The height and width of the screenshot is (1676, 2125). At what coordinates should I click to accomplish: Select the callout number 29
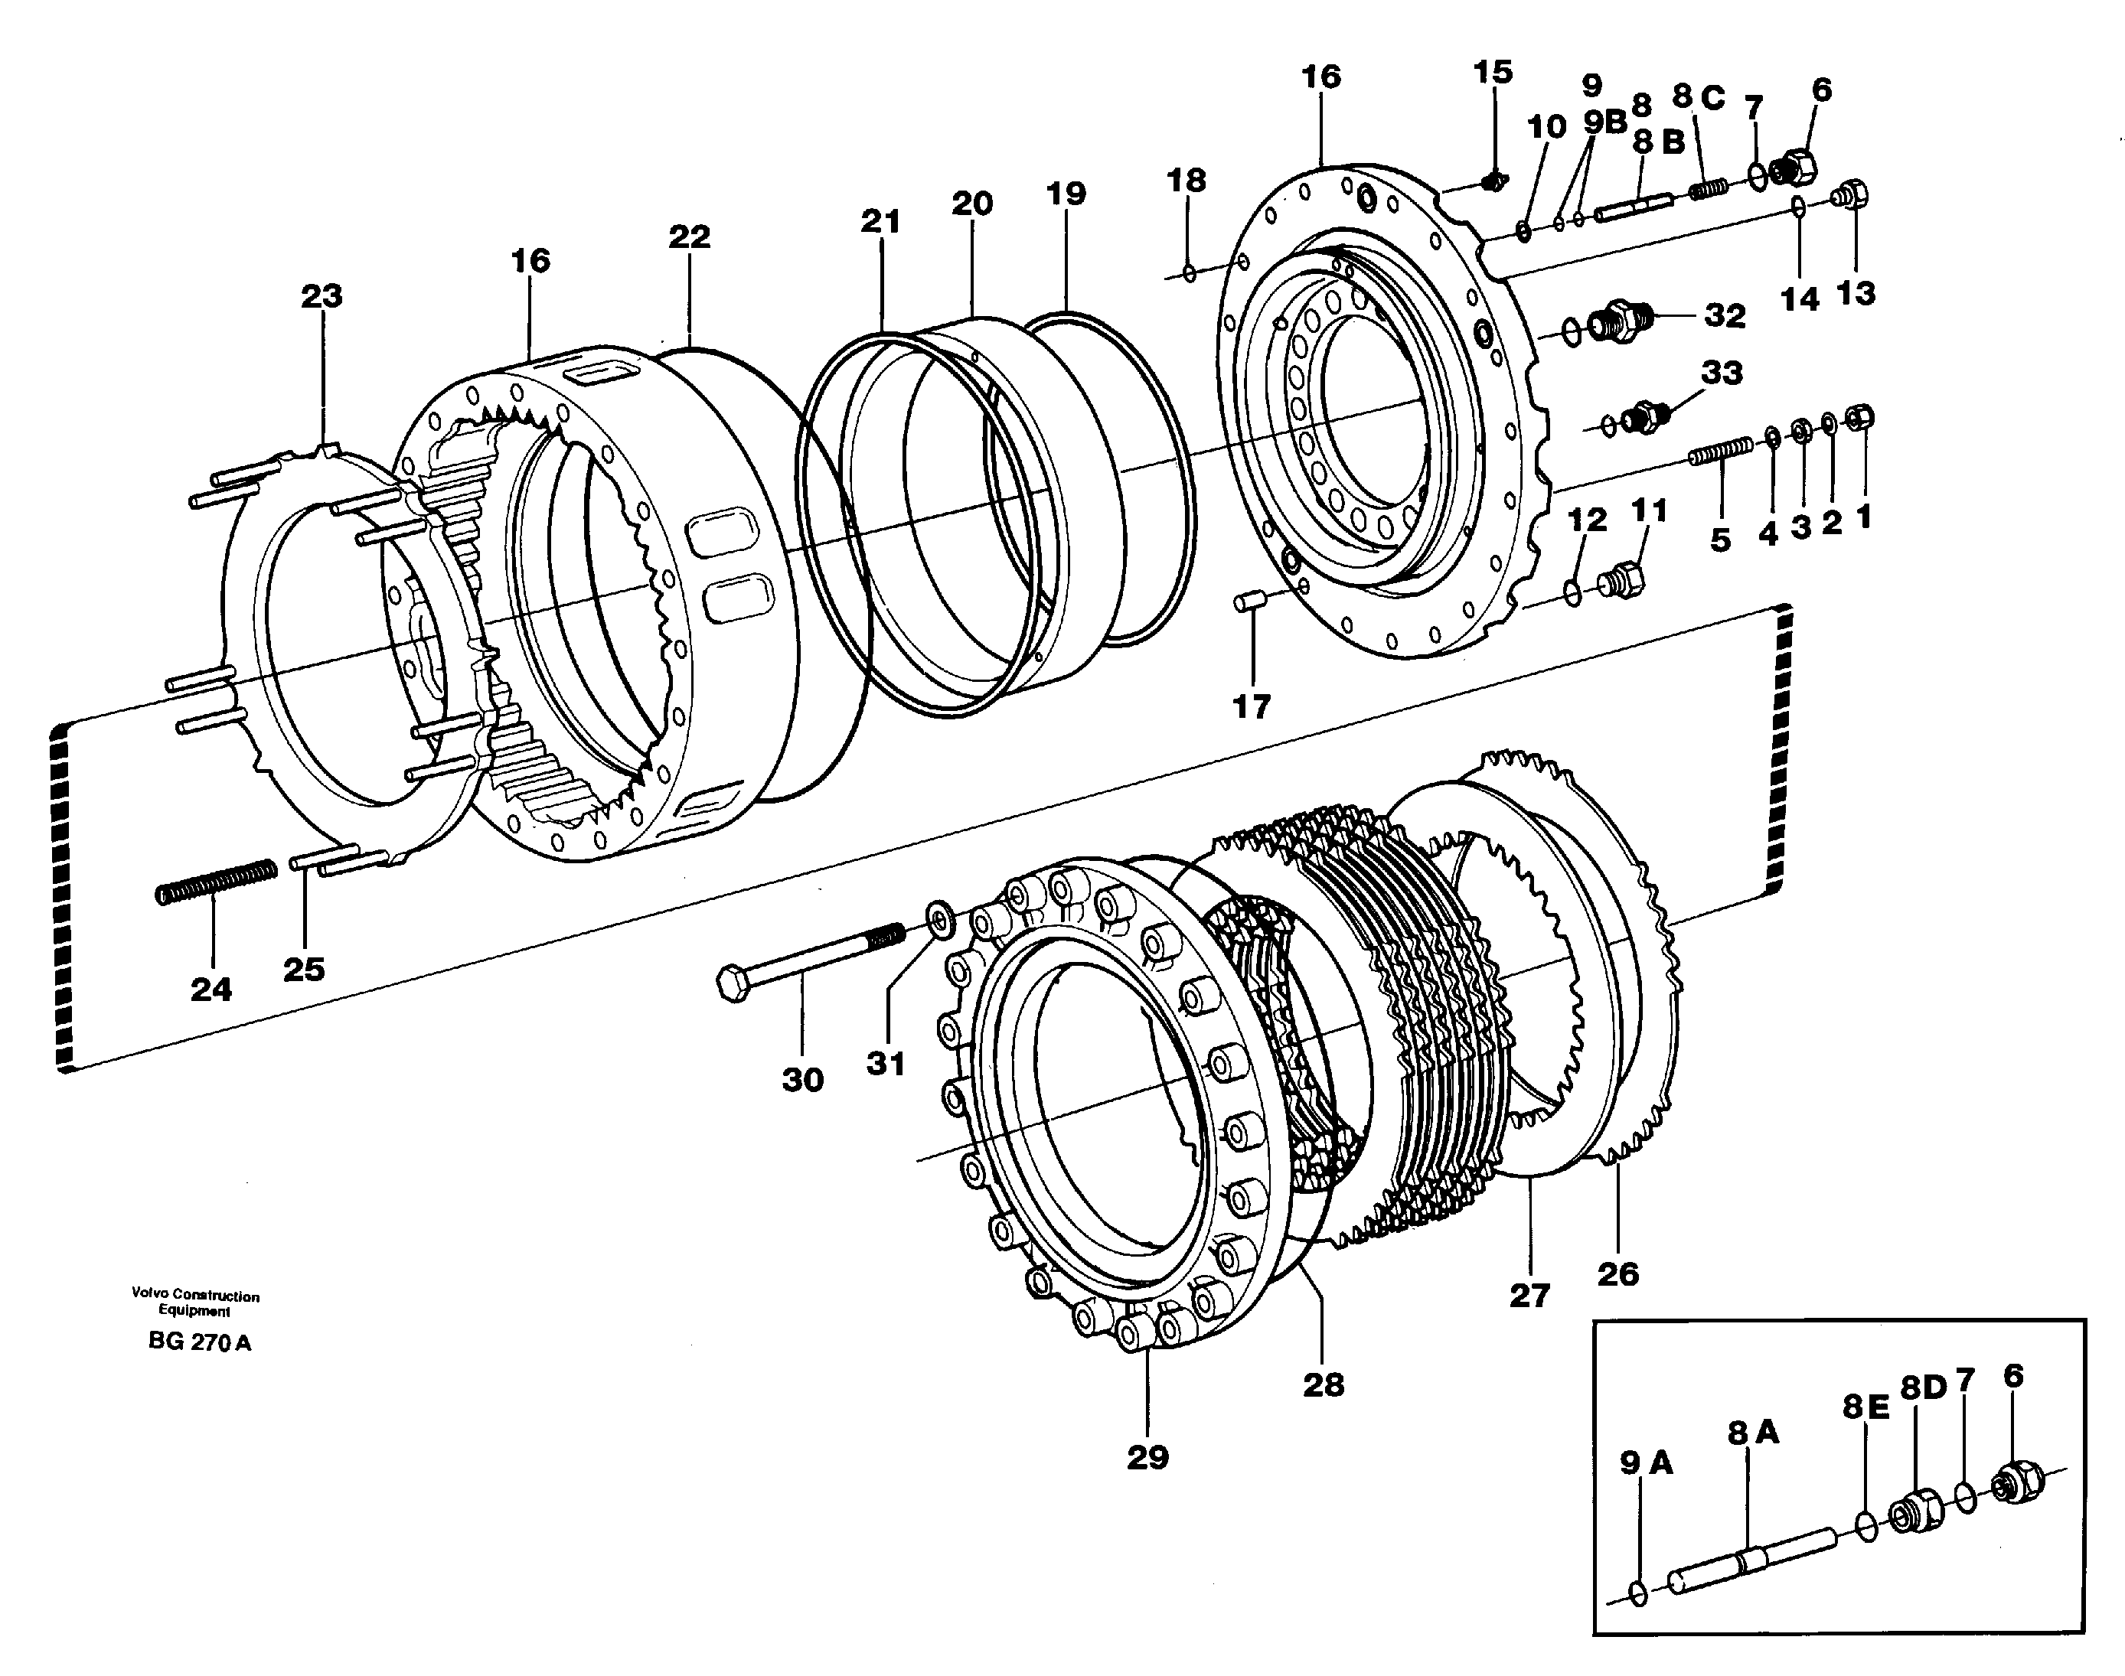1147,1457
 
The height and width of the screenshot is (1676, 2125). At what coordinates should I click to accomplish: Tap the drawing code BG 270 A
199,1342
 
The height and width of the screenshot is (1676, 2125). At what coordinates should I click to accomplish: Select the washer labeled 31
939,921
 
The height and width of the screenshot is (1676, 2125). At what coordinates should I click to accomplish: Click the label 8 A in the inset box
1753,1433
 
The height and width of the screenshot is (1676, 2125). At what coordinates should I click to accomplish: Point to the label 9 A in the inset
1646,1463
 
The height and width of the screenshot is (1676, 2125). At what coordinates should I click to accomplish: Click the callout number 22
689,236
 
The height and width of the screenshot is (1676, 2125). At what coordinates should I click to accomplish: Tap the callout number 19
1066,194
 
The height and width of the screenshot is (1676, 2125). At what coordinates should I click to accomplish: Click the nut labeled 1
1860,418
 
